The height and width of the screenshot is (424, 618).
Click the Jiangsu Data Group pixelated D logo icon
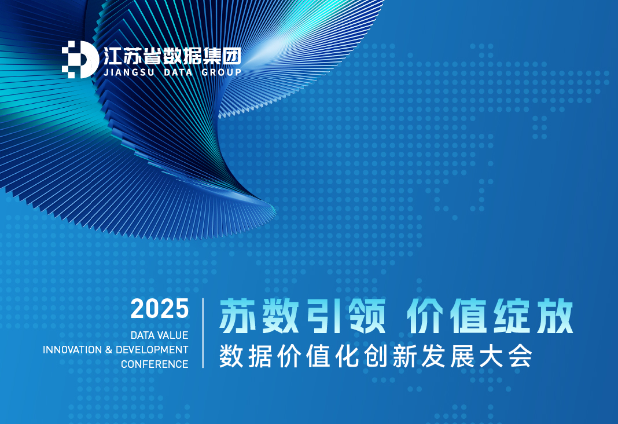tap(80, 59)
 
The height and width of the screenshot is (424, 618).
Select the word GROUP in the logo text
tap(221, 72)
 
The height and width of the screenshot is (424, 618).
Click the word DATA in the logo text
tap(178, 72)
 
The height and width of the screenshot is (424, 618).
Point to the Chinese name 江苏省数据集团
tap(172, 56)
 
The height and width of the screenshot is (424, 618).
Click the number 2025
tap(160, 308)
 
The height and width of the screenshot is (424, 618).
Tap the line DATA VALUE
tap(159, 335)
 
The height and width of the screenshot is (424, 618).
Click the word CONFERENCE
tap(154, 364)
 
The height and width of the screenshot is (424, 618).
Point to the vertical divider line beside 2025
tap(203, 333)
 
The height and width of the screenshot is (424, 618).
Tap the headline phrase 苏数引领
tap(302, 316)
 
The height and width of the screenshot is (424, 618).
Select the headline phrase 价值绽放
tap(490, 316)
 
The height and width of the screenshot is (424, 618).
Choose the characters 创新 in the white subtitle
tap(390, 356)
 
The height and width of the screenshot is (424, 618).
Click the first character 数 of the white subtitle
tap(231, 356)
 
